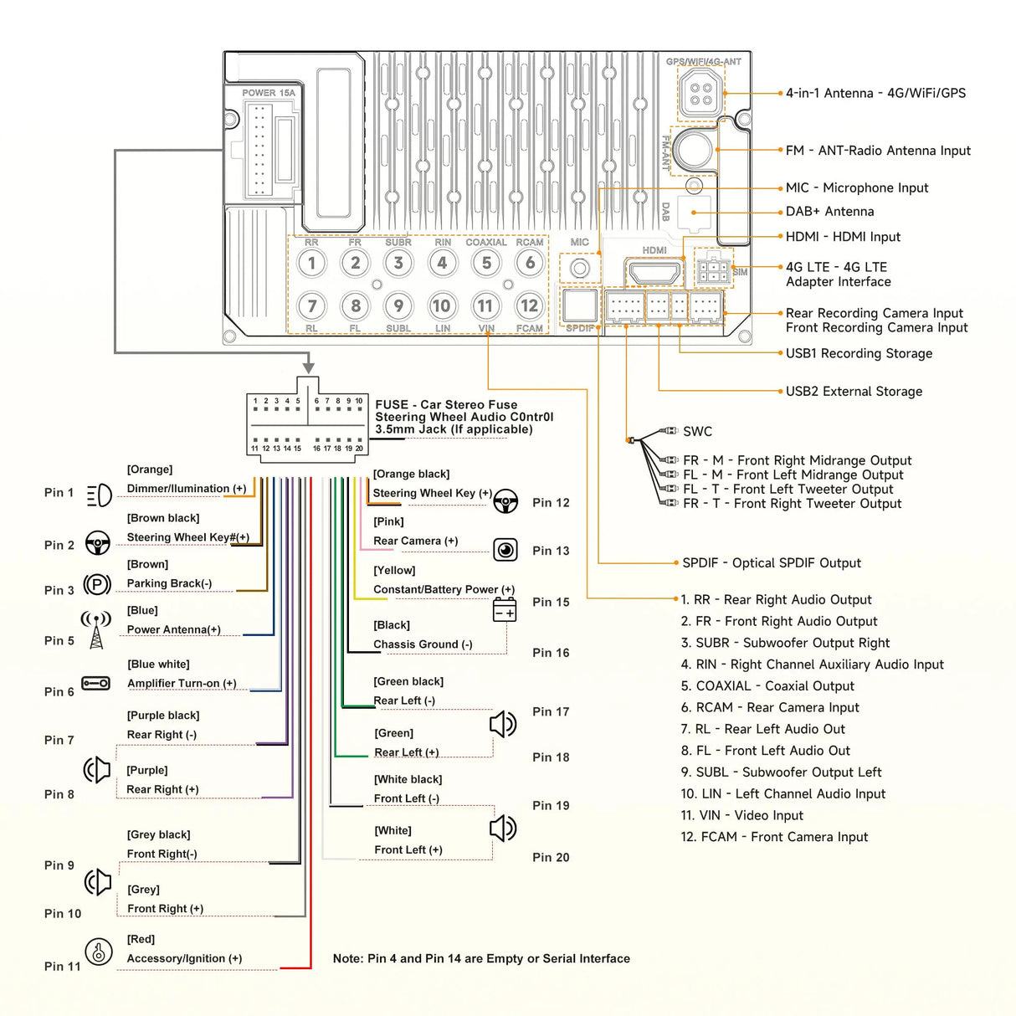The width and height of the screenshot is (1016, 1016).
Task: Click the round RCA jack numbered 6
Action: (x=530, y=264)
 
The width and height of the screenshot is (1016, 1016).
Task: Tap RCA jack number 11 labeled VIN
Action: (x=485, y=306)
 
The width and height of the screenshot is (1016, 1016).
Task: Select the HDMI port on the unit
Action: (x=654, y=273)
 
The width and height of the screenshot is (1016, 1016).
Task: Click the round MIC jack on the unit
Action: (x=580, y=269)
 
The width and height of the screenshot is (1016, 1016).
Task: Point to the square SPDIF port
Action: (x=579, y=306)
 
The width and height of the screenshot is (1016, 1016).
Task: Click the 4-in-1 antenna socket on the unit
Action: (x=700, y=94)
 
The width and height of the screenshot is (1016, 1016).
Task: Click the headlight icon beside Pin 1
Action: (x=99, y=495)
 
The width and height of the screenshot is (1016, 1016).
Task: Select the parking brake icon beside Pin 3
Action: (x=98, y=585)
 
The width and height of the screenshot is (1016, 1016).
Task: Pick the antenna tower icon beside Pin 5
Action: (x=96, y=630)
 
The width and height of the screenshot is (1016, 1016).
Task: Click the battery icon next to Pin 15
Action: (x=505, y=609)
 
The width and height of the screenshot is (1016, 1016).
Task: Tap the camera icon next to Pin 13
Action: (x=505, y=550)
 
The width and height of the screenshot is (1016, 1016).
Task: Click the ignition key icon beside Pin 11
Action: (x=99, y=952)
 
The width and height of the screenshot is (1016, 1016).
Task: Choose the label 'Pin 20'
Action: (x=551, y=857)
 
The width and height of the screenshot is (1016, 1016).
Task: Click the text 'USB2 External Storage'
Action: (x=854, y=391)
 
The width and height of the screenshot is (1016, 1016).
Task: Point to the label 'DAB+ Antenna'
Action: (x=829, y=212)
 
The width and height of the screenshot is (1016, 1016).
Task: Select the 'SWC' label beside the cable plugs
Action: (x=697, y=432)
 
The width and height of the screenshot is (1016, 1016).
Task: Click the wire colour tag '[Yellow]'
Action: (x=394, y=570)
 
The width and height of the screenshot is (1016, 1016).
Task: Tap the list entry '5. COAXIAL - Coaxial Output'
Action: (x=767, y=686)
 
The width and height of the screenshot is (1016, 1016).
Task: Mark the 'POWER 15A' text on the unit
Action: (x=269, y=93)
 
